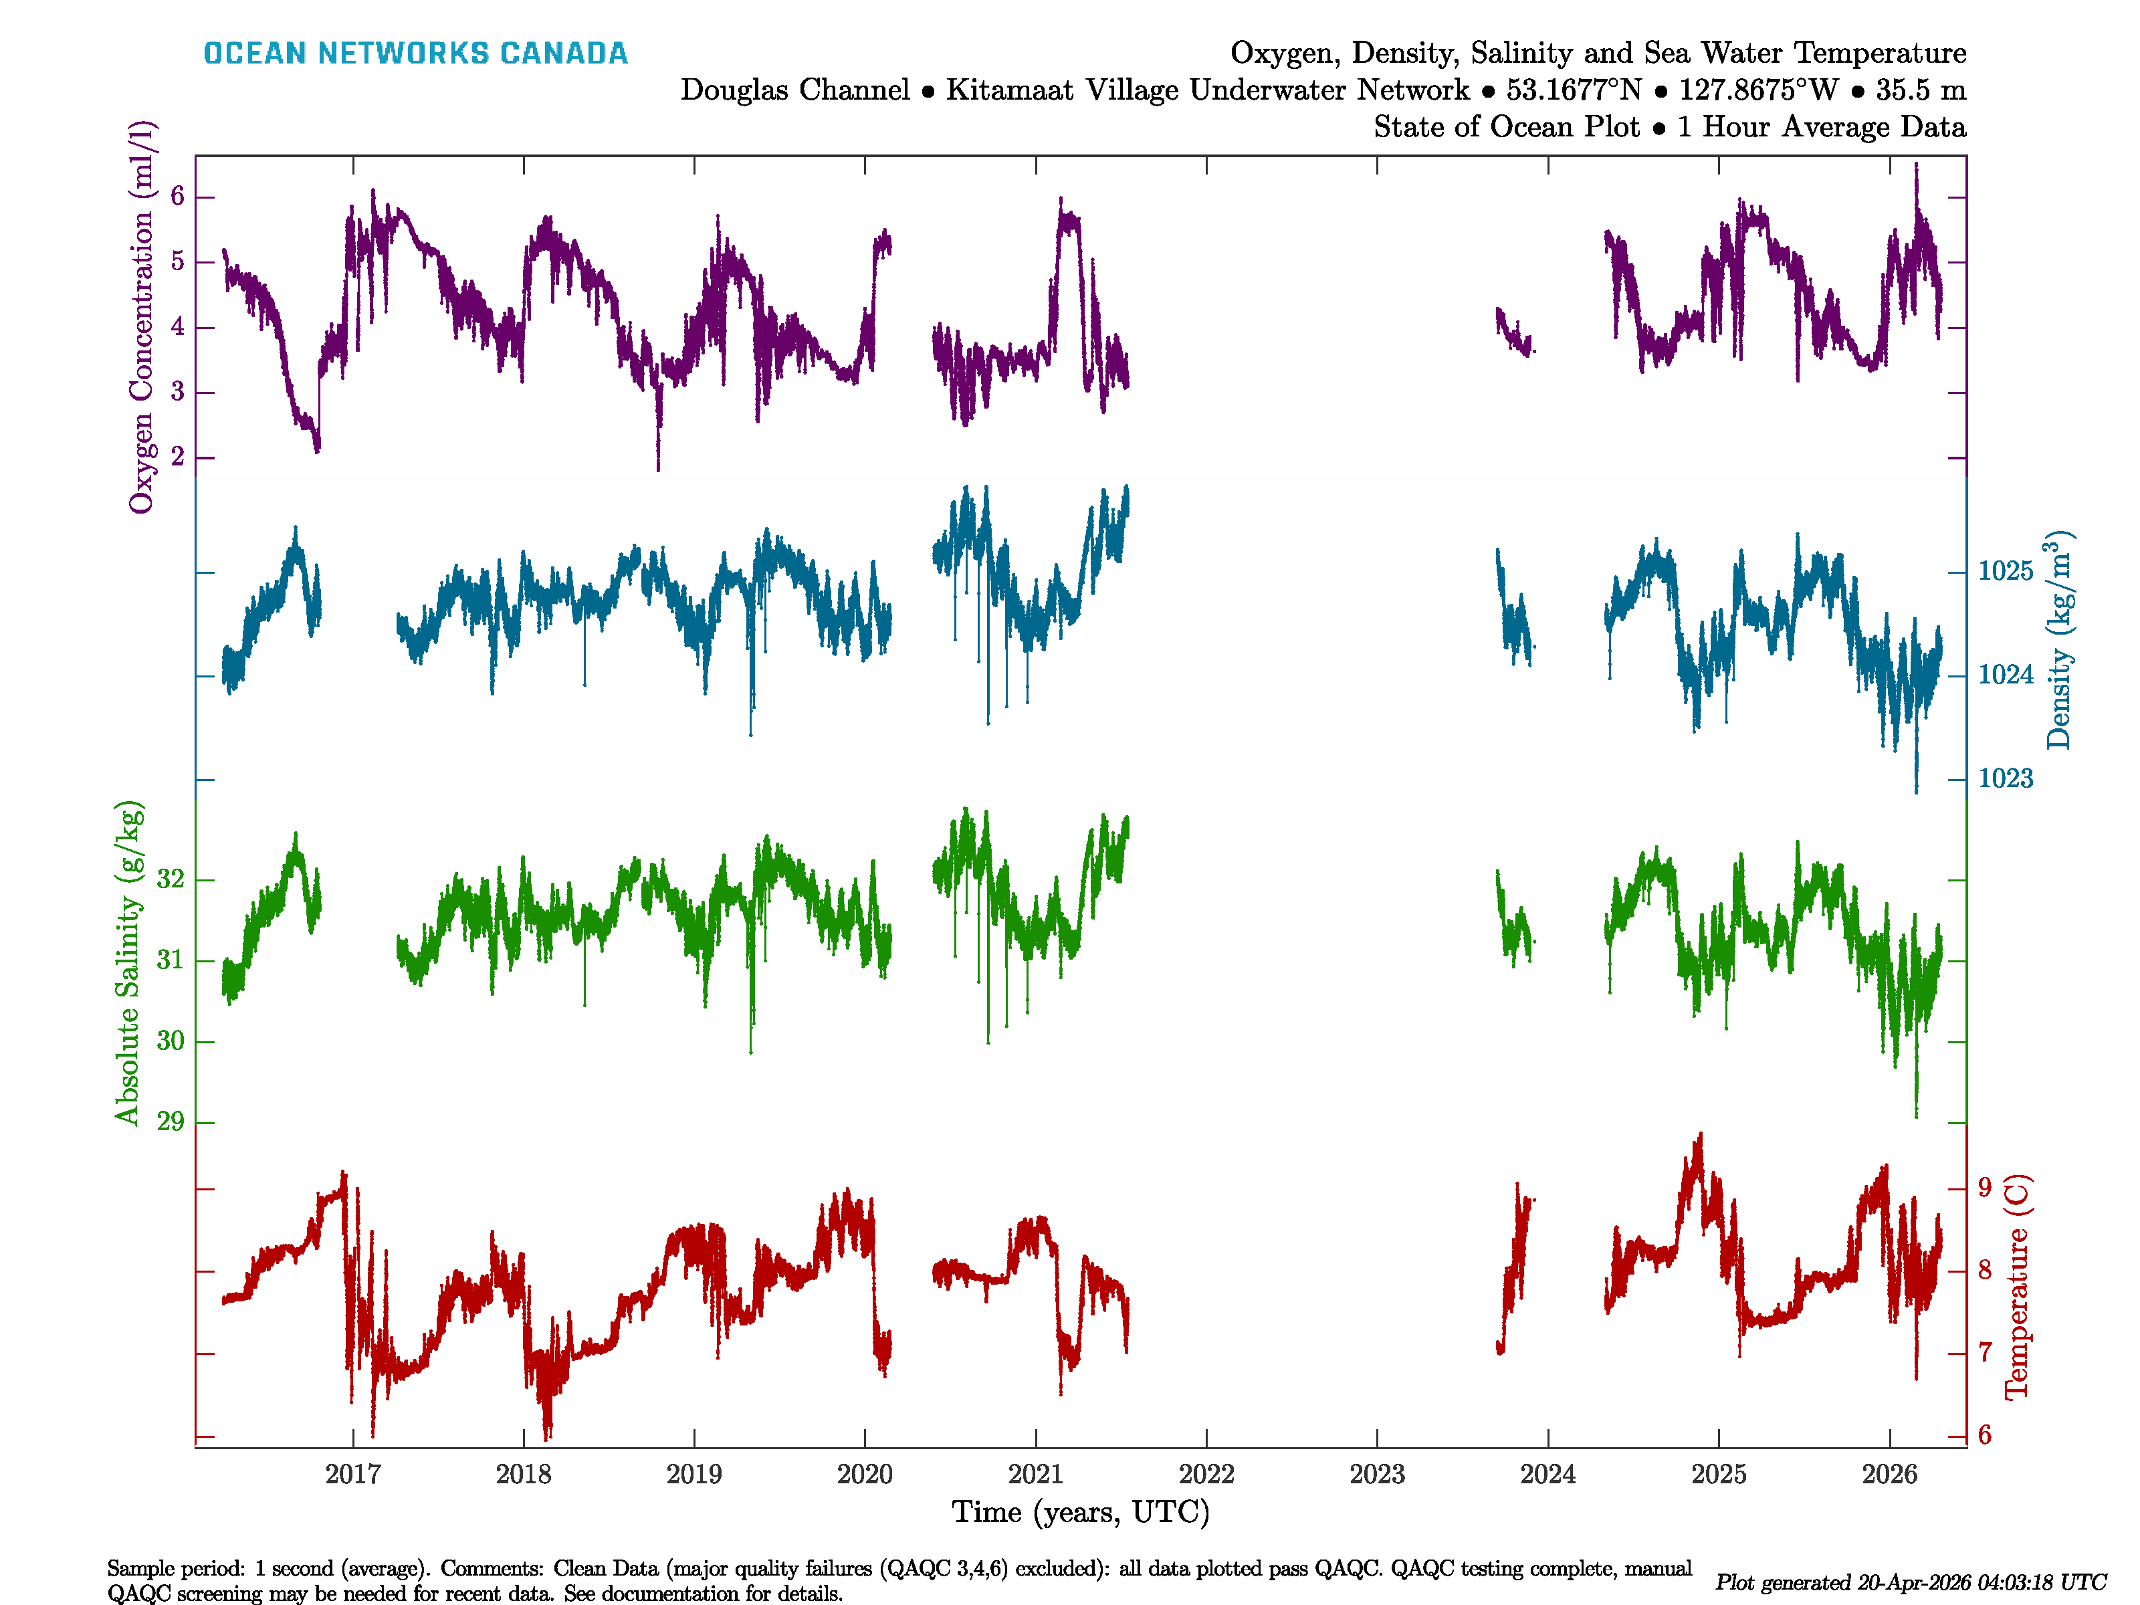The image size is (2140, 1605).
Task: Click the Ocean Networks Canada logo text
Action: [415, 53]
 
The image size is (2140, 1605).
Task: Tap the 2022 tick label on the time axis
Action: [1206, 1475]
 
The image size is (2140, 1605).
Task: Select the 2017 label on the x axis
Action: [353, 1475]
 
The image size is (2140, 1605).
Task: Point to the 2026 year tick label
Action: [1889, 1475]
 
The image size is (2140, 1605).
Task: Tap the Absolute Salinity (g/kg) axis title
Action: [128, 962]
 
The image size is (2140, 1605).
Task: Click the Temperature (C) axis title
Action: [2016, 1287]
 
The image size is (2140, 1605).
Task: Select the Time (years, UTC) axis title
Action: [1081, 1512]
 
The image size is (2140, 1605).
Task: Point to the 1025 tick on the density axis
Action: [2006, 571]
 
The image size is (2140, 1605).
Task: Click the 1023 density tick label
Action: [2006, 779]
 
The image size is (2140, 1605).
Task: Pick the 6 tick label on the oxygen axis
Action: [177, 197]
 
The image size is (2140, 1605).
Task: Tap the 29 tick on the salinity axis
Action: [171, 1121]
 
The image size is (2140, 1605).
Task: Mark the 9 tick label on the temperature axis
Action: [1984, 1187]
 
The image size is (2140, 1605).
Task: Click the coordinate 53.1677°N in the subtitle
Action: [1573, 90]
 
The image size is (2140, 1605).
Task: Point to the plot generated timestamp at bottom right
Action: [1911, 1582]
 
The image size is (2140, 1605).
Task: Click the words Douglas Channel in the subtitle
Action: [795, 90]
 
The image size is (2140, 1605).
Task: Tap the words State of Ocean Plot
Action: [1506, 127]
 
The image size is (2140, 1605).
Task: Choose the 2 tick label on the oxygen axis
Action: [177, 457]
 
